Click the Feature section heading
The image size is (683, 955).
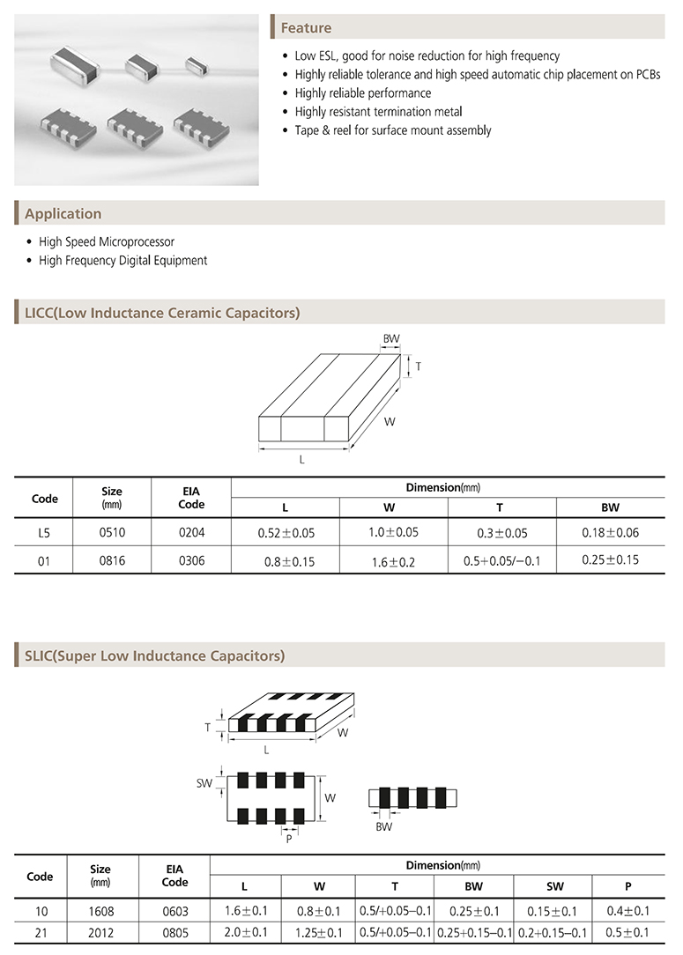[306, 28]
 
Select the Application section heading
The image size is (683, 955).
[63, 214]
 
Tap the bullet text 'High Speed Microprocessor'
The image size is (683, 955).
[107, 241]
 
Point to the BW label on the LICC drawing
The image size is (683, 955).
[390, 339]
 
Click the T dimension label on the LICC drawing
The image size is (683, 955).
[417, 365]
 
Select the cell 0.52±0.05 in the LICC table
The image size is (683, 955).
[286, 534]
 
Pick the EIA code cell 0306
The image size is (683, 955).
[191, 560]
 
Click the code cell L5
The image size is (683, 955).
[44, 534]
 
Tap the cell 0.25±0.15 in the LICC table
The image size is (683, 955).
[611, 560]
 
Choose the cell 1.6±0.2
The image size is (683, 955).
[394, 560]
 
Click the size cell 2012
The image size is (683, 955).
[100, 932]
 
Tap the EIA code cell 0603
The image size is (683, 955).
[174, 911]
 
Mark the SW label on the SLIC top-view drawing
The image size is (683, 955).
[204, 782]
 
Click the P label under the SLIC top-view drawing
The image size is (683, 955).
[288, 840]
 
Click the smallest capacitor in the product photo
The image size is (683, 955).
[196, 62]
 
